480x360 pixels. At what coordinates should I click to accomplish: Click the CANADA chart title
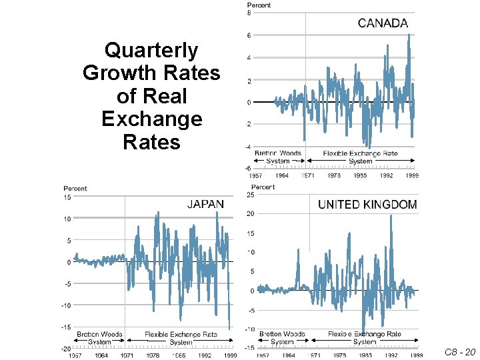(383, 23)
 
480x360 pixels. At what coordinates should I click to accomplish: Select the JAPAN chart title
(205, 203)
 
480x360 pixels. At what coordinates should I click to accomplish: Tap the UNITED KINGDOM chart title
(367, 205)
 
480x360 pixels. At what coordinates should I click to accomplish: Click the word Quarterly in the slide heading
(151, 51)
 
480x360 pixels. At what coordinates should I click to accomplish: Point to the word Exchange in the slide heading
(151, 119)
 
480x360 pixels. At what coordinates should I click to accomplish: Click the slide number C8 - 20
(460, 352)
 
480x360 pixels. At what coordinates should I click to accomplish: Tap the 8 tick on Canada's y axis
(249, 13)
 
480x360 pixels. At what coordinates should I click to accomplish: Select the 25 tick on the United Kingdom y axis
(250, 195)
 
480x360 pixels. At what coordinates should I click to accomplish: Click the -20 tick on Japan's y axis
(67, 349)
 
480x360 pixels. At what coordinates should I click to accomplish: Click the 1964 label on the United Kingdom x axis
(289, 356)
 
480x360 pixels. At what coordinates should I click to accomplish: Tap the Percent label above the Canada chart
(259, 5)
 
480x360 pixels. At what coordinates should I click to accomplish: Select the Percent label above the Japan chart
(75, 189)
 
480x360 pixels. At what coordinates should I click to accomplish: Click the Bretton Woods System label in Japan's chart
(99, 338)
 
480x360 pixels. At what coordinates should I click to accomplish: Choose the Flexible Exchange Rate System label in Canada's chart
(360, 157)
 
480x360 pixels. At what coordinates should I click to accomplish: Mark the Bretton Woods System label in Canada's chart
(278, 157)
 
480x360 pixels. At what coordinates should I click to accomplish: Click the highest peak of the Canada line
(408, 35)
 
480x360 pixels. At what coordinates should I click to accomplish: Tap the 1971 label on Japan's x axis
(127, 356)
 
